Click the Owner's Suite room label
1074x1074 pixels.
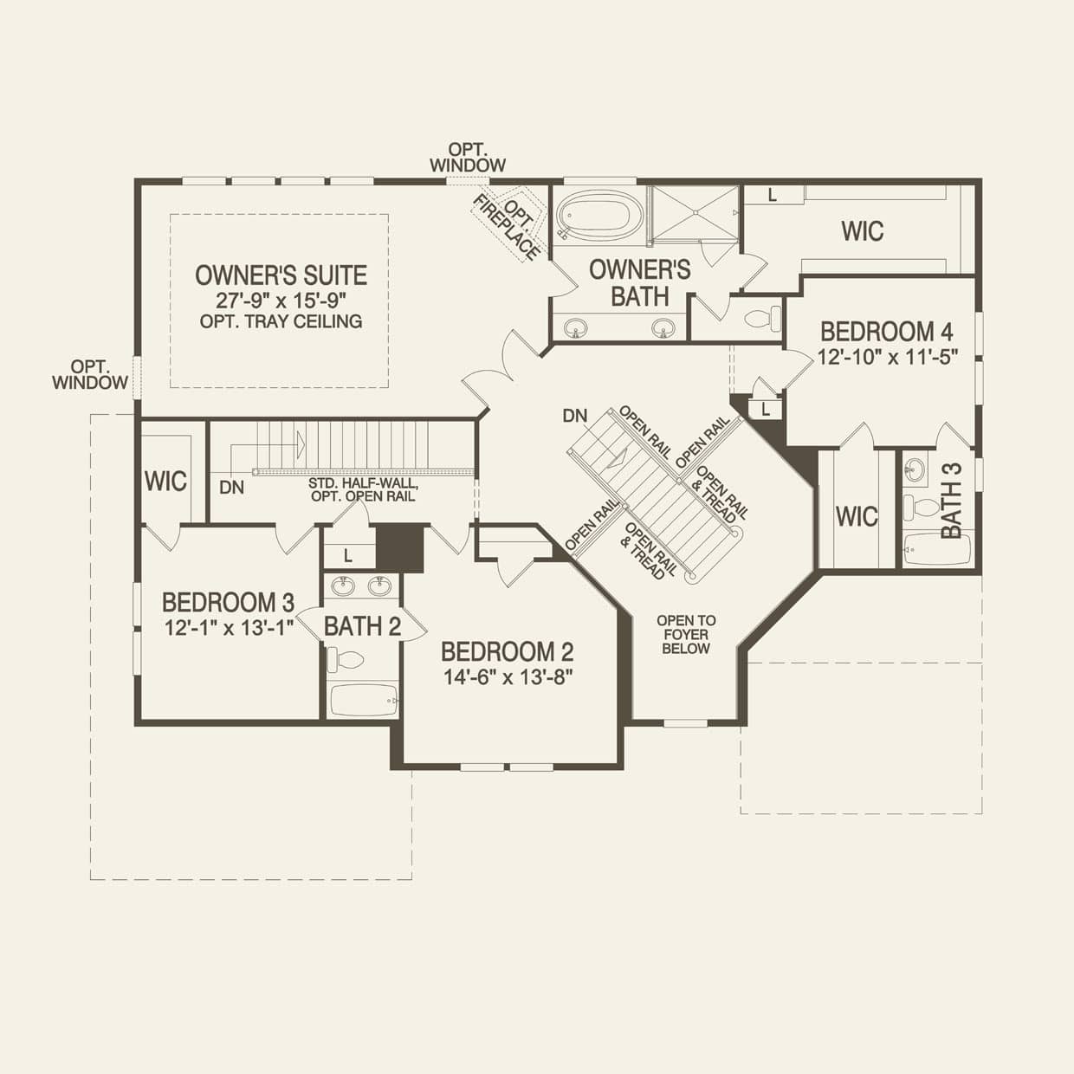(x=281, y=275)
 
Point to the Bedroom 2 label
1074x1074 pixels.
(x=507, y=651)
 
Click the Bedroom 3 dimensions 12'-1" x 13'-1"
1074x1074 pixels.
(x=229, y=628)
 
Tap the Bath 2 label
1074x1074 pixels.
(x=362, y=625)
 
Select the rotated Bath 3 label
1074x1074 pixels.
(x=950, y=501)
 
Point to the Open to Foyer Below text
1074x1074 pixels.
(x=686, y=634)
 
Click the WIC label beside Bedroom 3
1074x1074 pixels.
(x=165, y=482)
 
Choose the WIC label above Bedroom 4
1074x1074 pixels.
(x=863, y=231)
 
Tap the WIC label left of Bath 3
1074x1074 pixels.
(x=857, y=517)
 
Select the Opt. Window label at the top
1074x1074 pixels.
(x=467, y=157)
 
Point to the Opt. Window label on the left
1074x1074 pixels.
(x=89, y=374)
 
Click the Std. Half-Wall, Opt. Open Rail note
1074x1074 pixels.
(x=362, y=489)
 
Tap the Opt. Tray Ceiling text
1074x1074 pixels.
(x=281, y=321)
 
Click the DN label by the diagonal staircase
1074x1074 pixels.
(x=574, y=416)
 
